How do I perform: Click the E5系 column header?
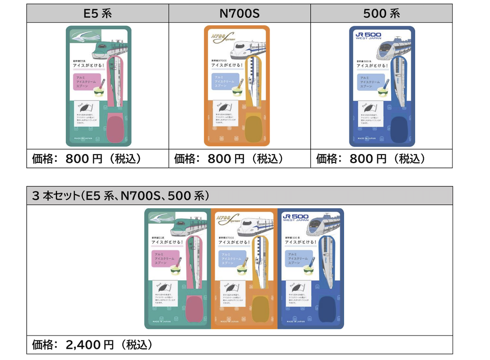(98, 13)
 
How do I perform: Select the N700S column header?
(239, 13)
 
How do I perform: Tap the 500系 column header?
(381, 13)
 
